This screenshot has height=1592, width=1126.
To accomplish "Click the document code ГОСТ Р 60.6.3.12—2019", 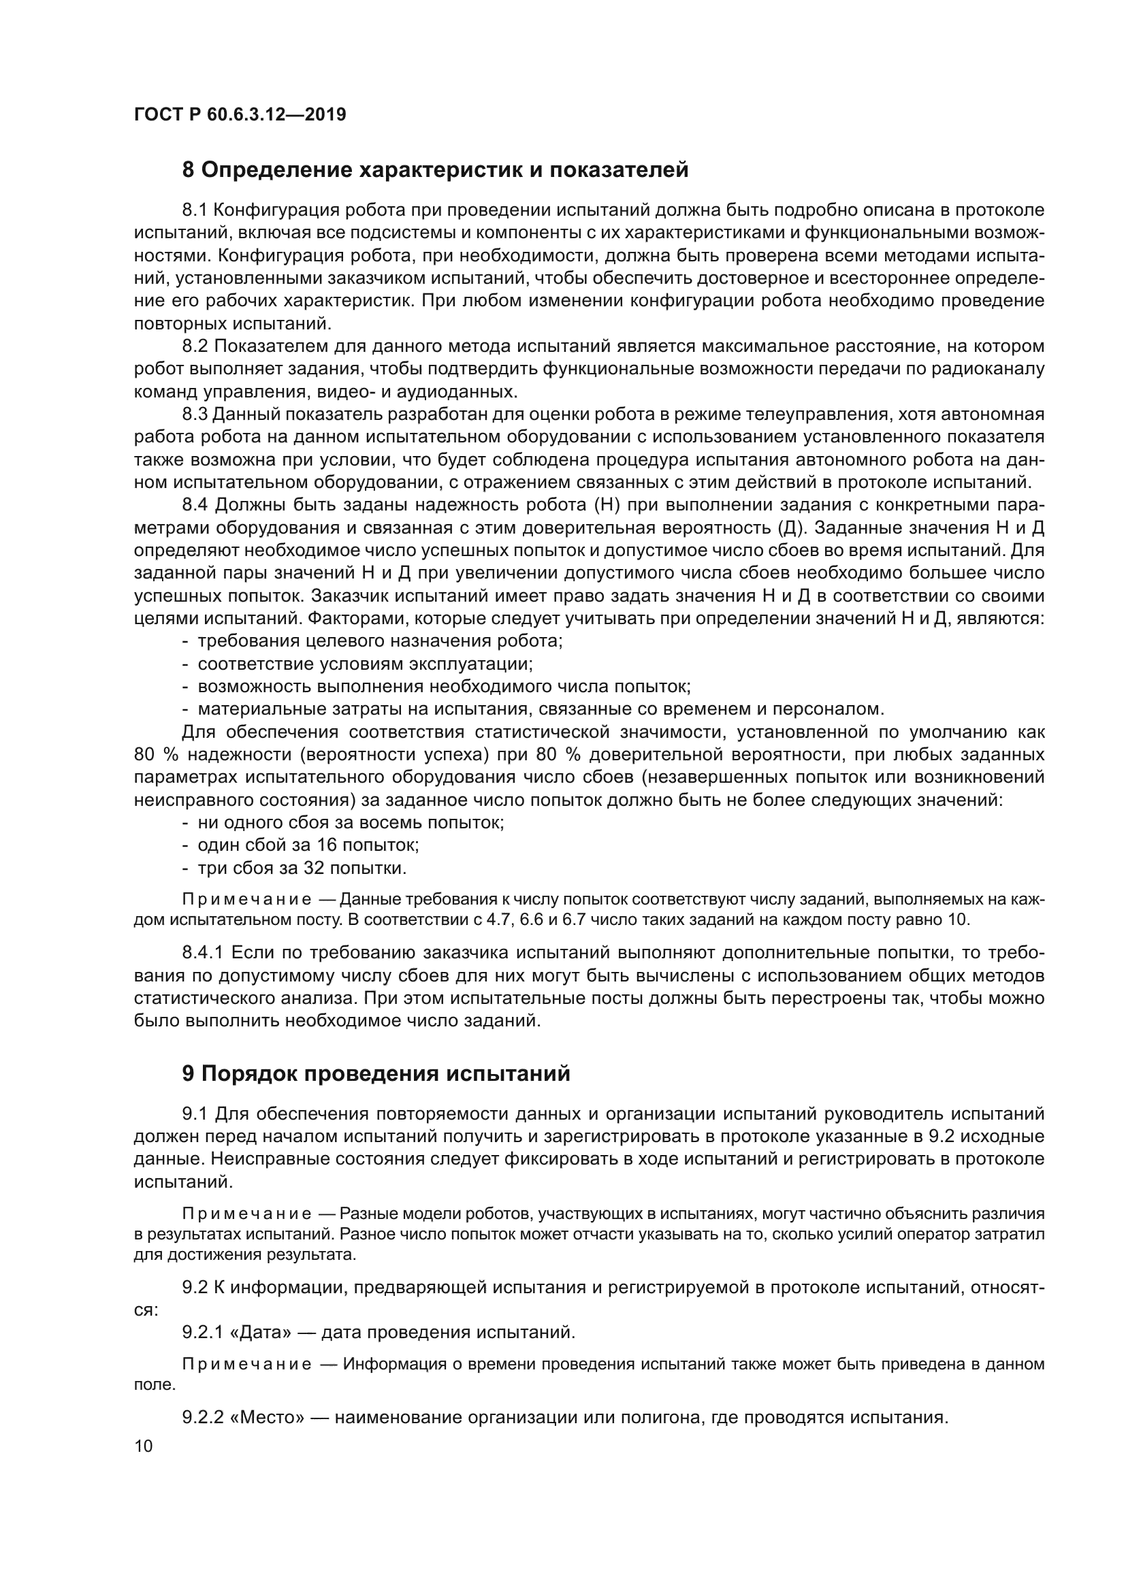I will click(240, 114).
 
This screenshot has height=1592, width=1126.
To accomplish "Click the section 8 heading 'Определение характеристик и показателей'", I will click(436, 170).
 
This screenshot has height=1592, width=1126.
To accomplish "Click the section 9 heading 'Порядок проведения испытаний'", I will click(376, 1073).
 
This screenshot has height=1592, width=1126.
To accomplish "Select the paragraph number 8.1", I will click(195, 210).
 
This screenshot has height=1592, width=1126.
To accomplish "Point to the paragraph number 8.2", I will click(195, 346).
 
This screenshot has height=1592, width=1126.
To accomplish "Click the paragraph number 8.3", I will click(195, 415).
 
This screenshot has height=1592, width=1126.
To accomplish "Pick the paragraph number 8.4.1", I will click(202, 953).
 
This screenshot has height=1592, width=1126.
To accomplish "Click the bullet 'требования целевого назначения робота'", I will click(380, 640).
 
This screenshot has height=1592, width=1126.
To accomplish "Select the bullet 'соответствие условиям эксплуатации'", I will click(366, 664).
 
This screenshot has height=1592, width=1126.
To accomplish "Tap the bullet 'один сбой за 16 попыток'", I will click(308, 845).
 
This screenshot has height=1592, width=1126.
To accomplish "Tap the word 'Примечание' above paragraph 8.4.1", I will click(246, 900).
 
